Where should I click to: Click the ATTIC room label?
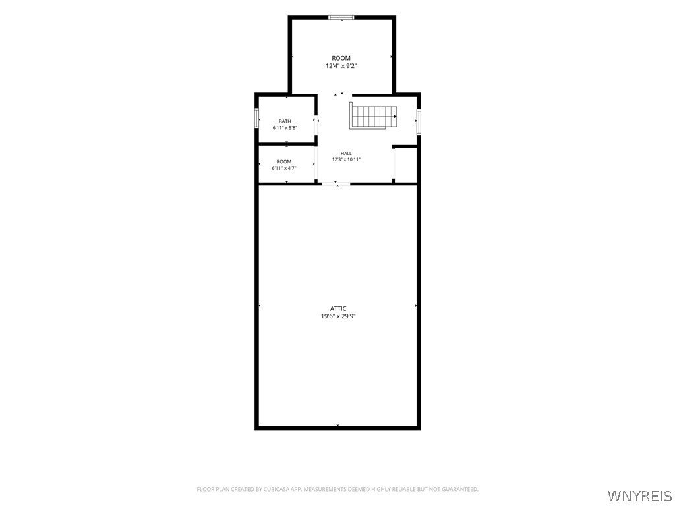(x=338, y=308)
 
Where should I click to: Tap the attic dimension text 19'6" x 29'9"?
(x=338, y=316)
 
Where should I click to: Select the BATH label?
(x=285, y=121)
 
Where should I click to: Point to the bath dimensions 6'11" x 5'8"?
(x=285, y=128)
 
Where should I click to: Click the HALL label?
(x=346, y=153)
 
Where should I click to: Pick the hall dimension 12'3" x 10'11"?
(x=346, y=159)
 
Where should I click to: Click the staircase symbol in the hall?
(x=373, y=115)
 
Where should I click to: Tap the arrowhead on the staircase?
(x=395, y=116)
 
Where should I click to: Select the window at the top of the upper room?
(x=341, y=17)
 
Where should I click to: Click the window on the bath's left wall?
(x=256, y=119)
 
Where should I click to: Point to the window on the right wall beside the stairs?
(x=419, y=122)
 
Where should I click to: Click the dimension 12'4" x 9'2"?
(x=341, y=67)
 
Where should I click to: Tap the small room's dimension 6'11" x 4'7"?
(x=284, y=168)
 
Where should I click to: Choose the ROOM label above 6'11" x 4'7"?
(x=284, y=162)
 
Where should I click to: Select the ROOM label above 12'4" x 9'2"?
(x=341, y=58)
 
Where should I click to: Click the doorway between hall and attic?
(x=336, y=184)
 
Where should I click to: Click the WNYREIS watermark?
(x=639, y=495)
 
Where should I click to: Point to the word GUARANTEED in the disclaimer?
(x=463, y=490)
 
